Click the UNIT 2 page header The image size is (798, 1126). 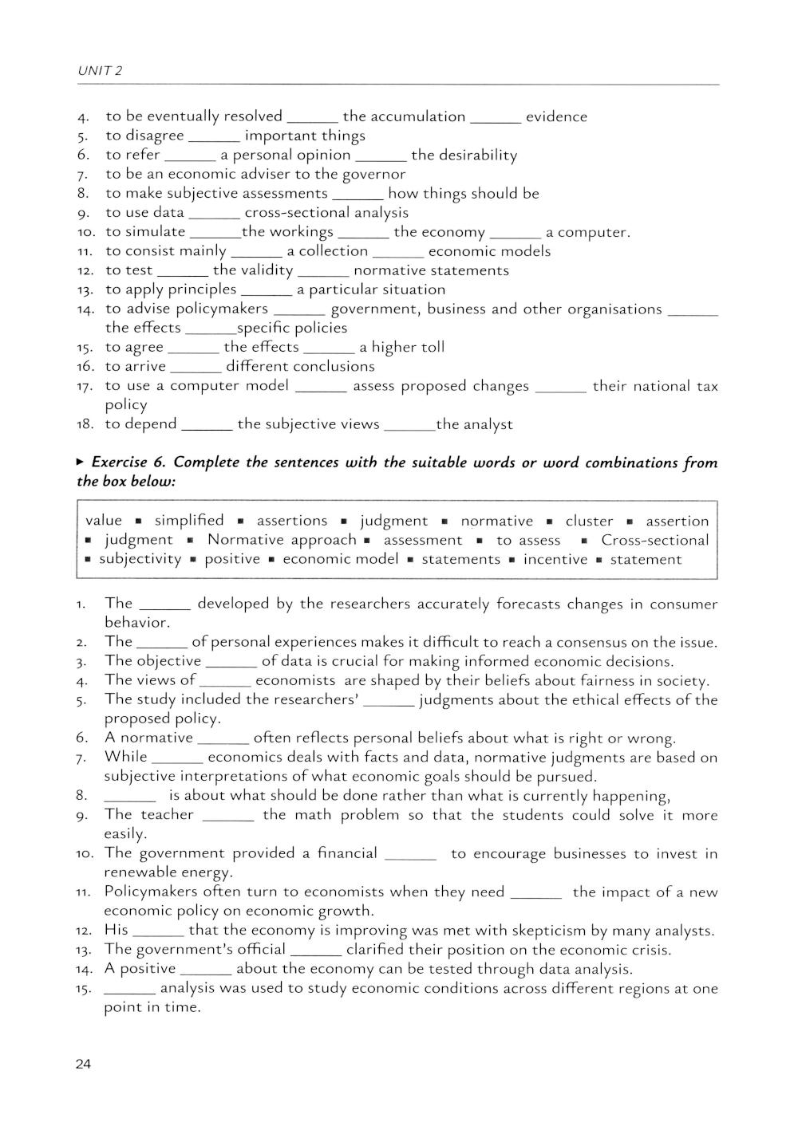click(x=100, y=71)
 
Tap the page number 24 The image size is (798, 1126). click(x=84, y=1064)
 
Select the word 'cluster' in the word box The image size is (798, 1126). click(x=589, y=521)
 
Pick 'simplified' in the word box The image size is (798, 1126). click(x=189, y=521)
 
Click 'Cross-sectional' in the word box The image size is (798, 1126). click(x=654, y=540)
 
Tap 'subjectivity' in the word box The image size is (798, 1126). click(x=140, y=559)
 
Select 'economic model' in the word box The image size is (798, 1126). click(x=340, y=559)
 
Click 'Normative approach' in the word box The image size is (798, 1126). click(x=282, y=540)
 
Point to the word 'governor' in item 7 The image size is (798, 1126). click(x=373, y=174)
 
